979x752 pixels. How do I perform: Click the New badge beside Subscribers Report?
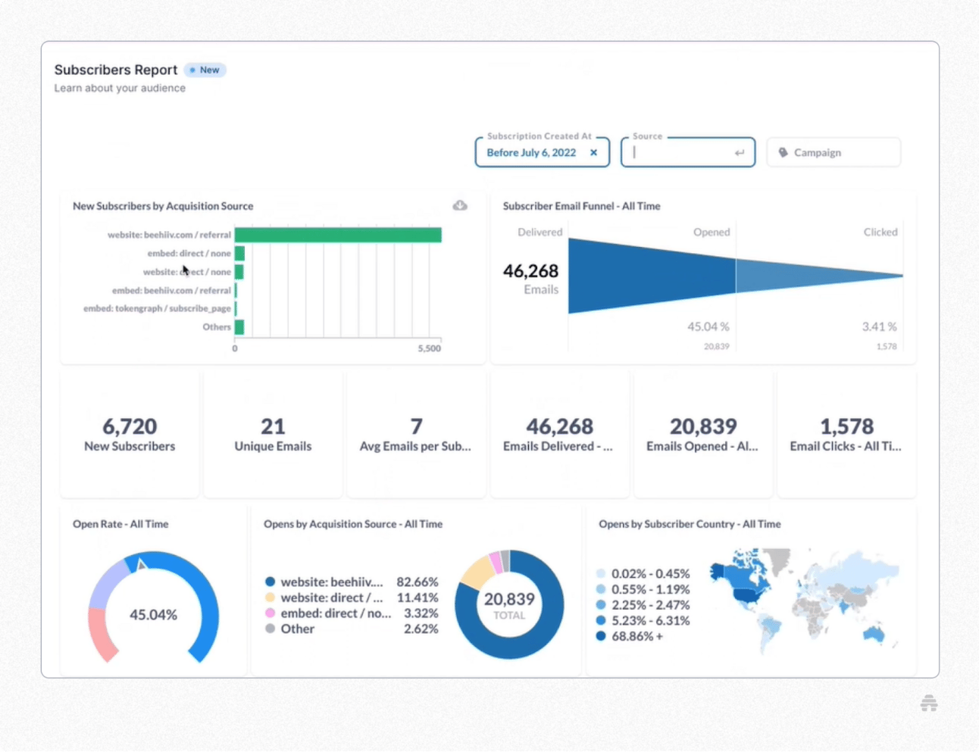coord(205,70)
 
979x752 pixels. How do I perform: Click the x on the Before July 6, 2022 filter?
coord(594,152)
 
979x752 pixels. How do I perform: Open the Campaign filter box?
coord(833,152)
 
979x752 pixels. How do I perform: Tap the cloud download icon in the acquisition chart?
coord(460,205)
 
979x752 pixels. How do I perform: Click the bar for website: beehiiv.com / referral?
coord(337,235)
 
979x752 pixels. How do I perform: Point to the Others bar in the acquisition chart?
coord(239,327)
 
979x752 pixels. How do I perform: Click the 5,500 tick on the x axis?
coord(429,348)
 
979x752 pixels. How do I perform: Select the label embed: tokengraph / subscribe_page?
coord(157,308)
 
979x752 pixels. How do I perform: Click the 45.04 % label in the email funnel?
coord(708,326)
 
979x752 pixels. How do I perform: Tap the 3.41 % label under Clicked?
coord(879,326)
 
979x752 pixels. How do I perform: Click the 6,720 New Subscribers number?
coord(130,426)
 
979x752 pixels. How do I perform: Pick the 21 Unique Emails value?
coord(273,426)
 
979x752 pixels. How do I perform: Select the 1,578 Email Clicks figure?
coord(846,426)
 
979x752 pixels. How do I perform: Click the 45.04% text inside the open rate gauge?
coord(153,614)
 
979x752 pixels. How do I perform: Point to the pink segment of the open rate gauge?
coord(101,633)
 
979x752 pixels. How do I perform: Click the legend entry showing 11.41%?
coord(352,598)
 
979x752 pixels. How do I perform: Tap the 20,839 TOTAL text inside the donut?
coord(509,604)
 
